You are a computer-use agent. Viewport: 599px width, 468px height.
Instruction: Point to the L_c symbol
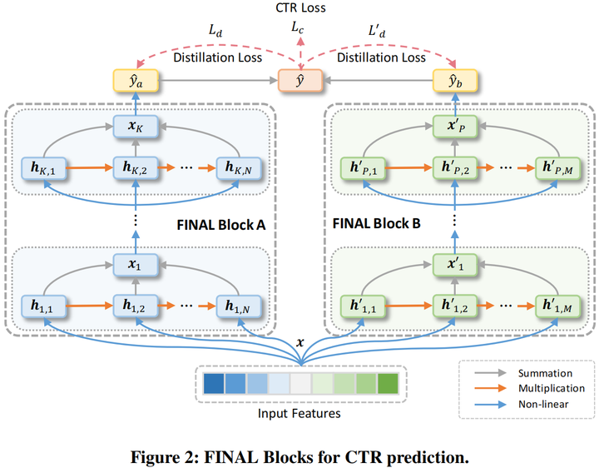click(297, 29)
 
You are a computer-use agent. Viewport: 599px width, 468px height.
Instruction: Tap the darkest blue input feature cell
click(214, 383)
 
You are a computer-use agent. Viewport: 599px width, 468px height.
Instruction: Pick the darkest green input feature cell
click(387, 383)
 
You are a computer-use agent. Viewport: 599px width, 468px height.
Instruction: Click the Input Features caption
click(300, 412)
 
